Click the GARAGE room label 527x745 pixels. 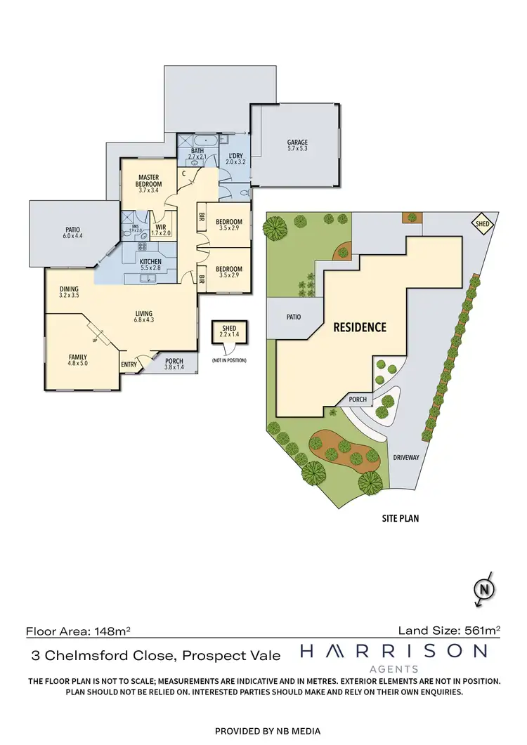(297, 145)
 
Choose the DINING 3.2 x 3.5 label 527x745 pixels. (69, 292)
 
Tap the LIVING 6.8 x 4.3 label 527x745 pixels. (144, 317)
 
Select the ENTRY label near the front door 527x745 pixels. (129, 364)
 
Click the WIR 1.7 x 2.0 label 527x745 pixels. (162, 230)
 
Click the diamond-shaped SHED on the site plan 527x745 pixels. (482, 224)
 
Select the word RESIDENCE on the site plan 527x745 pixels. (359, 327)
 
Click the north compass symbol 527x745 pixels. (482, 588)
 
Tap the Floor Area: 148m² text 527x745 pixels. (77, 631)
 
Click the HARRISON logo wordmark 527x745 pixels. (393, 652)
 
